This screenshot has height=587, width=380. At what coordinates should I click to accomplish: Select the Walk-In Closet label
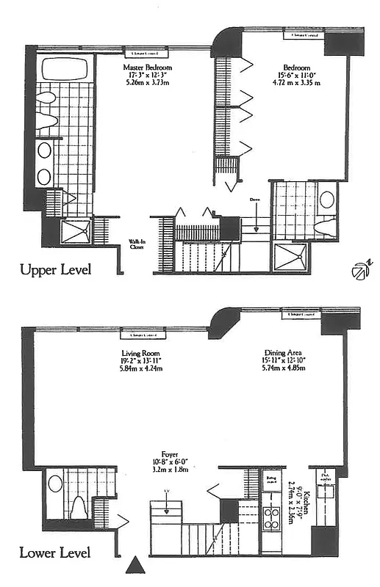[136, 244]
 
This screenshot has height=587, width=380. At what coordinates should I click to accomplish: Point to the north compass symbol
[359, 271]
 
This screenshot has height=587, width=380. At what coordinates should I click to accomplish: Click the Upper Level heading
[57, 270]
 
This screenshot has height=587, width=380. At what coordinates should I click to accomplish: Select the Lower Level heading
[56, 553]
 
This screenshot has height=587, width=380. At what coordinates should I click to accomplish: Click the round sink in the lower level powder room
[55, 484]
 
